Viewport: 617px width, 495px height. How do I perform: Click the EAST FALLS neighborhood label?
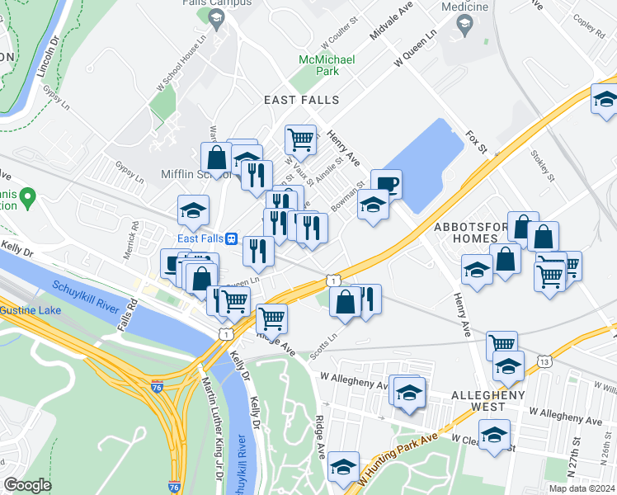(301, 100)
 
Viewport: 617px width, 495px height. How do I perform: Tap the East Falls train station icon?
(233, 238)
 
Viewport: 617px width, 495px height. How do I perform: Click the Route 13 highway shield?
(544, 361)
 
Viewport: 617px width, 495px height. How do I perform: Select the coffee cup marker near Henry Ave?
(385, 184)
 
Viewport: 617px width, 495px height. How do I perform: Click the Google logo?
(28, 485)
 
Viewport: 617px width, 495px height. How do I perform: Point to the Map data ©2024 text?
(582, 488)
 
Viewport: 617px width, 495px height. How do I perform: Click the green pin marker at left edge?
(27, 197)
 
